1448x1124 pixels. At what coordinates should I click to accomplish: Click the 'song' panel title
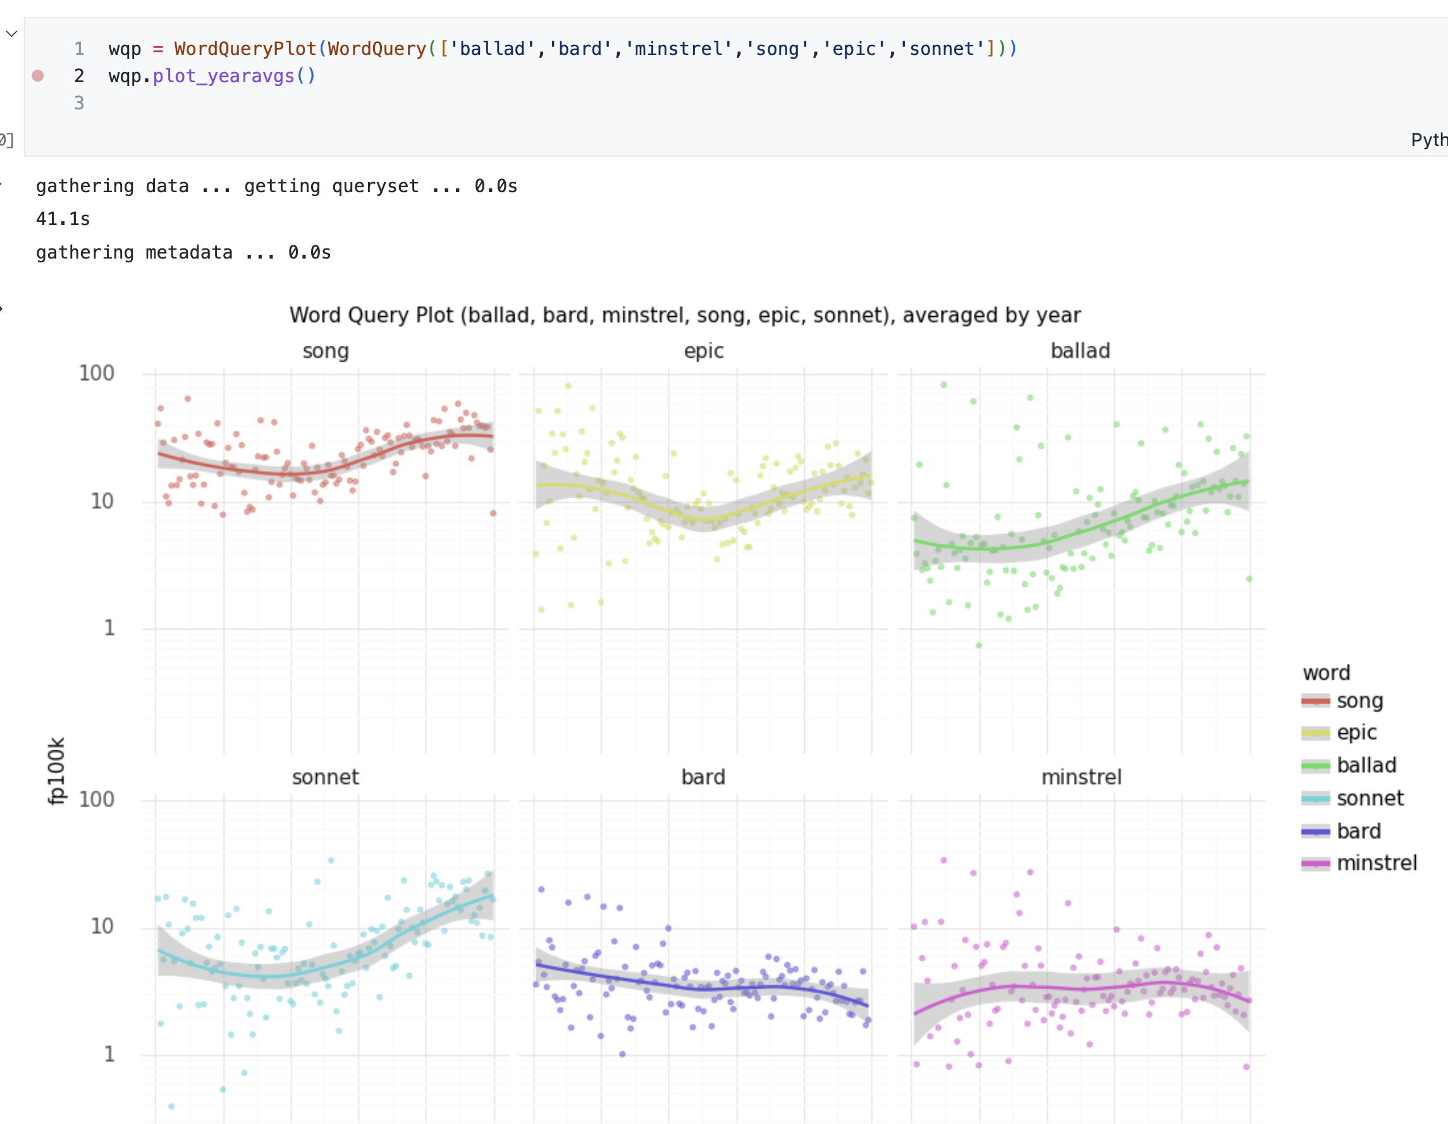pos(326,351)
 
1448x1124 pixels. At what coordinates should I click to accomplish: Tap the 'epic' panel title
pos(703,351)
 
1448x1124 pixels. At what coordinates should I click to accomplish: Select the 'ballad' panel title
pos(1080,351)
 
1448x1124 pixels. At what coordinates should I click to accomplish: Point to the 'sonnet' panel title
pos(326,777)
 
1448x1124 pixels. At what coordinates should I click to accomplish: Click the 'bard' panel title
pos(703,777)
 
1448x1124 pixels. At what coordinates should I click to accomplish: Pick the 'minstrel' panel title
pos(1081,777)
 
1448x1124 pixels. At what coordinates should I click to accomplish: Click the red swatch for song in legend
pos(1315,701)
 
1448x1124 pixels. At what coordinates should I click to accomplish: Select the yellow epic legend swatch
pos(1315,733)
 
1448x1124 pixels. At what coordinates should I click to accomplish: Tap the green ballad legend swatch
pos(1315,766)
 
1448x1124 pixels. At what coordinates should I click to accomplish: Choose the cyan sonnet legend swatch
pos(1315,798)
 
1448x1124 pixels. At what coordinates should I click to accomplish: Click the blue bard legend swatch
pos(1315,831)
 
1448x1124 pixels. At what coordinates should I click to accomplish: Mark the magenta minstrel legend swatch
pos(1315,864)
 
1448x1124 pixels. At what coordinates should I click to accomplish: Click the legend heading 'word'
pos(1326,673)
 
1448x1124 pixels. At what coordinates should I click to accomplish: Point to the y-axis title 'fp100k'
pos(57,771)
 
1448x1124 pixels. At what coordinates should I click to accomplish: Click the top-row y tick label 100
pos(97,373)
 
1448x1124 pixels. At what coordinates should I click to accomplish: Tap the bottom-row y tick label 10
pos(102,926)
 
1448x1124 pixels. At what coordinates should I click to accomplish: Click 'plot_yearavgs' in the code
pos(223,76)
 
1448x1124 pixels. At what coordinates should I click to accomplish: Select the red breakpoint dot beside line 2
pos(38,76)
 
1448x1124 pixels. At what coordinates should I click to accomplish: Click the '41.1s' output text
pos(63,219)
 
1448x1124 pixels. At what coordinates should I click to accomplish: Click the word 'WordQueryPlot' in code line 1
pos(245,49)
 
